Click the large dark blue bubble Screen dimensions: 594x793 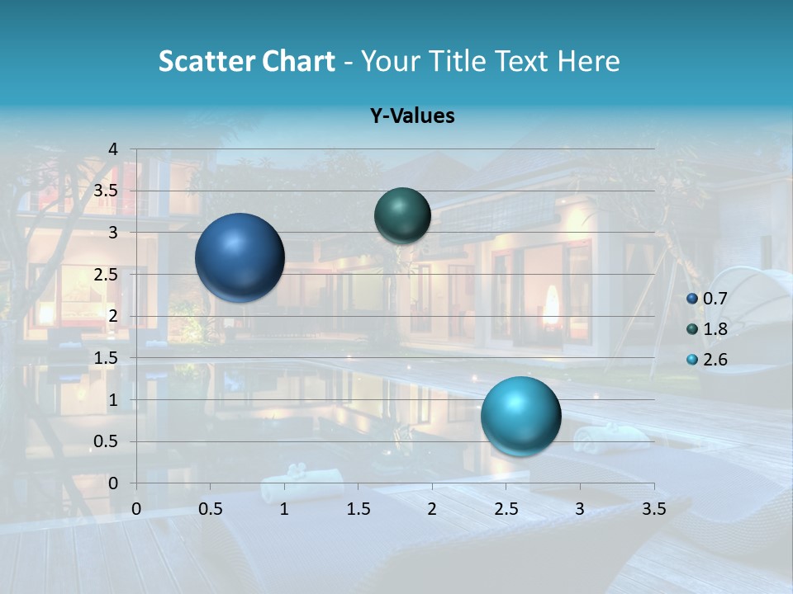pyautogui.click(x=240, y=257)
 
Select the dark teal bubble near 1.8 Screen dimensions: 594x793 pyautogui.click(x=402, y=215)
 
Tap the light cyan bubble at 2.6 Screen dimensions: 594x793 pyautogui.click(x=520, y=416)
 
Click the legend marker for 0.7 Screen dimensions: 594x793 pyautogui.click(x=692, y=299)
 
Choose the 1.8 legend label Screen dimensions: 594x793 pyautogui.click(x=715, y=329)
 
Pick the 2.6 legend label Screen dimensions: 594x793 pyautogui.click(x=715, y=360)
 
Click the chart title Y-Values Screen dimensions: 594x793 pyautogui.click(x=411, y=115)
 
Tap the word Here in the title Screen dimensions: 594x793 pyautogui.click(x=588, y=61)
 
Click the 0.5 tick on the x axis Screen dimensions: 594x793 pyautogui.click(x=211, y=509)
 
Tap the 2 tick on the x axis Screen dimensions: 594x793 pyautogui.click(x=432, y=509)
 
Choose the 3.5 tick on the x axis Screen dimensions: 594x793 pyautogui.click(x=653, y=509)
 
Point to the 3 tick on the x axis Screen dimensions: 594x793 pyautogui.click(x=580, y=509)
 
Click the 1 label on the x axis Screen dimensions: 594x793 pyautogui.click(x=284, y=509)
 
